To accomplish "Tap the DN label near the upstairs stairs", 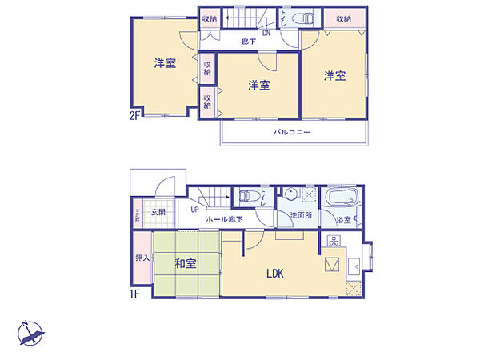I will [266, 33].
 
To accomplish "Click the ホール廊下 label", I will [225, 218].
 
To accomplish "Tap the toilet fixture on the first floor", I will [248, 194].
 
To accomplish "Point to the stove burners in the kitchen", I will [333, 240].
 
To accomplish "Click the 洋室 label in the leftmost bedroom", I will [166, 64].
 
